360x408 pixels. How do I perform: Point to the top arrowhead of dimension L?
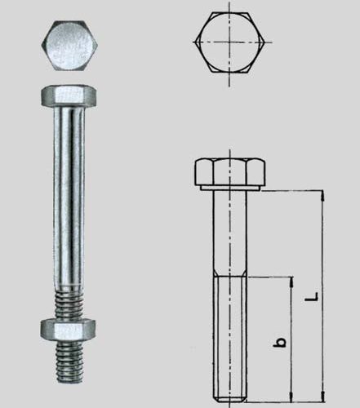tap(323, 196)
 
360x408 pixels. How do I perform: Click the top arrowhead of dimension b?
tap(291, 282)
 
